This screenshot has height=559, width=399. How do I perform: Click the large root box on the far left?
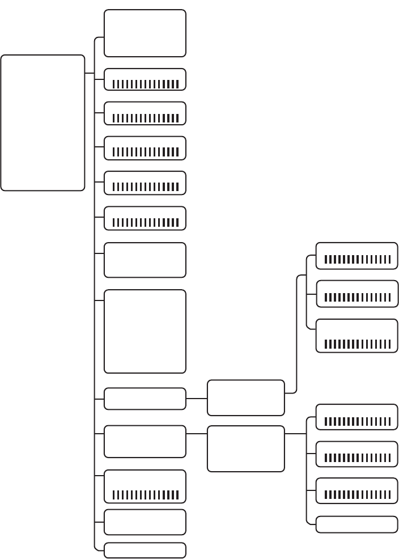(x=43, y=122)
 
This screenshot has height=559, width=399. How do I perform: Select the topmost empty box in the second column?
(x=145, y=33)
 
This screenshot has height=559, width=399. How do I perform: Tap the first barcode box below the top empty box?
(x=145, y=79)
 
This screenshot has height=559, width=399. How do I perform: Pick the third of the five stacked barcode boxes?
(x=145, y=148)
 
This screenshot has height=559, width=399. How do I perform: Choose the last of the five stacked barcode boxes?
(x=145, y=218)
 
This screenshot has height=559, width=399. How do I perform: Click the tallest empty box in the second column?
(x=145, y=331)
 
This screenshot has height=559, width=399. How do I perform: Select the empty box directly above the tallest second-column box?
(x=145, y=260)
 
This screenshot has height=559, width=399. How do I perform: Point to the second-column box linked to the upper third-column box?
(x=145, y=399)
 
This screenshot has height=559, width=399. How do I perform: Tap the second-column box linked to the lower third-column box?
(x=145, y=441)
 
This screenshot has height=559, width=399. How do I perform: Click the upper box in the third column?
(x=245, y=397)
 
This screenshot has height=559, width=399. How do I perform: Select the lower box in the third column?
(x=245, y=448)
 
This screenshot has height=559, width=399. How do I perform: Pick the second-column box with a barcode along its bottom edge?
(x=145, y=486)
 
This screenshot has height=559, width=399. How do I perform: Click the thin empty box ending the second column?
(x=145, y=550)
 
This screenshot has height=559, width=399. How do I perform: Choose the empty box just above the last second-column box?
(x=145, y=522)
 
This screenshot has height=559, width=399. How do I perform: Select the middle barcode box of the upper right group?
(x=356, y=293)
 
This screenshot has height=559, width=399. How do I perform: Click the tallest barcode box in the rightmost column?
(x=356, y=336)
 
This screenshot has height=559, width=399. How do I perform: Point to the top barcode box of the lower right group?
(x=356, y=417)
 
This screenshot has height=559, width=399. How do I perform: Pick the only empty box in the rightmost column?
(x=356, y=524)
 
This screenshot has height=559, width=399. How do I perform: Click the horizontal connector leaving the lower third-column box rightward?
(x=295, y=434)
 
